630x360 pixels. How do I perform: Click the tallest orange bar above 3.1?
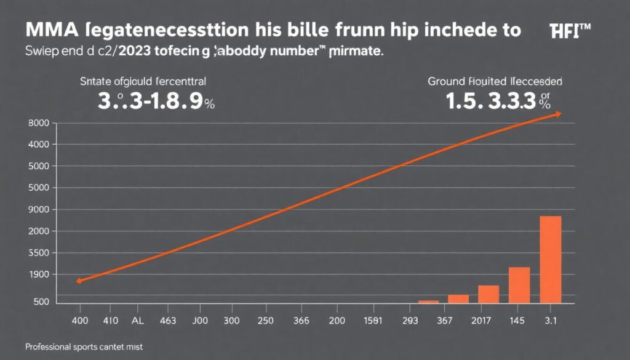[550, 260]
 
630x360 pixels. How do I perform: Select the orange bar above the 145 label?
[519, 285]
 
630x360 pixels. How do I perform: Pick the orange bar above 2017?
[488, 294]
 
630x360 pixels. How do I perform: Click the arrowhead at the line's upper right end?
[557, 114]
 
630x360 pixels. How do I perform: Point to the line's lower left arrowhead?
[79, 281]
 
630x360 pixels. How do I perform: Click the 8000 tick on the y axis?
[38, 123]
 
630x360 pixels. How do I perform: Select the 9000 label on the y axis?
[38, 209]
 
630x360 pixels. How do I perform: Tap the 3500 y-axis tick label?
[38, 253]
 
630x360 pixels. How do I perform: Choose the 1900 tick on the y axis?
[38, 274]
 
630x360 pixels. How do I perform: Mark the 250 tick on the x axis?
[265, 320]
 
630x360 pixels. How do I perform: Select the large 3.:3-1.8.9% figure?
[156, 102]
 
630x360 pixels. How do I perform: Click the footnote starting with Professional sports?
[84, 347]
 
